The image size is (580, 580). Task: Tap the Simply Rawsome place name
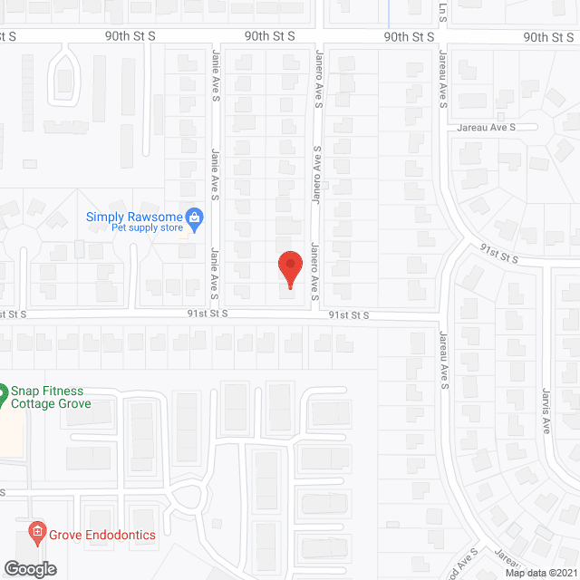(x=133, y=217)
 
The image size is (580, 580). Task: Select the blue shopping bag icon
(x=193, y=217)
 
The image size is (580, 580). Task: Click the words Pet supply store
(x=147, y=227)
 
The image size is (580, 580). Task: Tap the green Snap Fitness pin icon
(x=3, y=393)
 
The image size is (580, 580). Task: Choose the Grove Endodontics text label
(x=101, y=535)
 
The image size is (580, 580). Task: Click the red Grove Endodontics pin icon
(x=36, y=530)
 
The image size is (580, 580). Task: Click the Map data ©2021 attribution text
(x=541, y=573)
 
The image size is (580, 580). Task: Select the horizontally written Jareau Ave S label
(x=486, y=129)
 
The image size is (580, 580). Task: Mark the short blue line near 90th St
(x=388, y=14)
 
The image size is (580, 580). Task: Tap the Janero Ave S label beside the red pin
(x=316, y=271)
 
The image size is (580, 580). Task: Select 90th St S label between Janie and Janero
(x=270, y=36)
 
